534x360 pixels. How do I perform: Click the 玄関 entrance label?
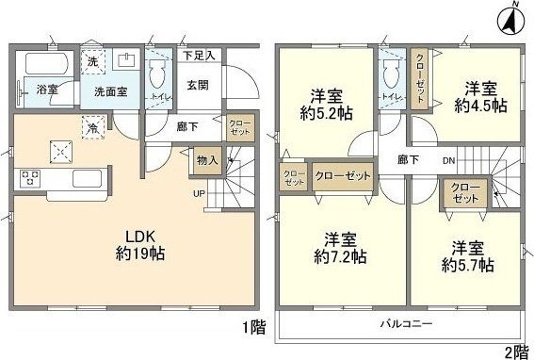(x=198, y=86)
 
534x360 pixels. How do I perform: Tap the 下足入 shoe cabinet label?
(x=199, y=56)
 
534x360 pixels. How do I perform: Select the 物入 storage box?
(x=207, y=161)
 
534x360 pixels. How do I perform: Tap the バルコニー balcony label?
(x=405, y=322)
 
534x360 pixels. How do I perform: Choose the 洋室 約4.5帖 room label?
(x=484, y=97)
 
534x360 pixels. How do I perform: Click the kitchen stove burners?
(x=29, y=177)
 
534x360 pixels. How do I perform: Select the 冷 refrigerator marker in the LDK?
(x=92, y=125)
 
